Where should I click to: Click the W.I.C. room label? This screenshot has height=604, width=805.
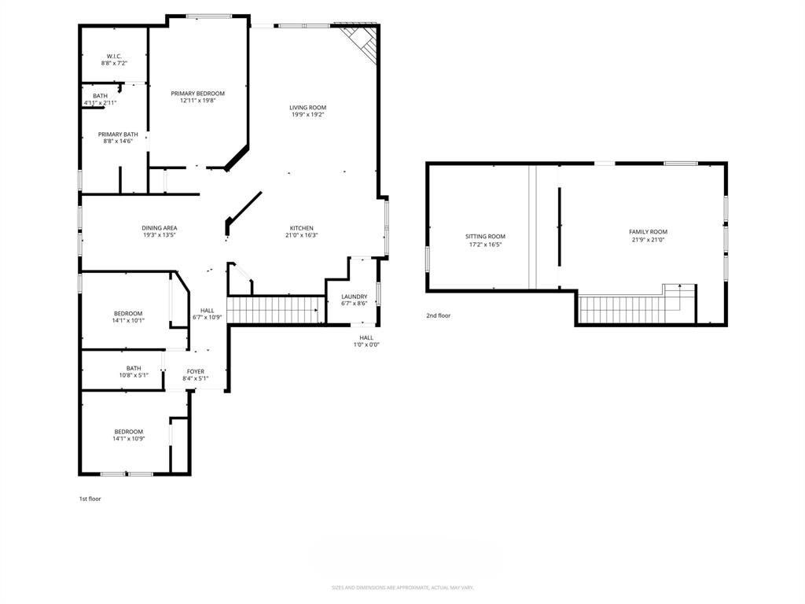114,56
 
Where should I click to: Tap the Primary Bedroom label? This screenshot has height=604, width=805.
197,94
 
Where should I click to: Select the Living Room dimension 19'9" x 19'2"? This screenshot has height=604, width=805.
307,115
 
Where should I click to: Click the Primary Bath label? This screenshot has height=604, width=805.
118,134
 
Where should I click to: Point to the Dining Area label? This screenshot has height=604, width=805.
160,228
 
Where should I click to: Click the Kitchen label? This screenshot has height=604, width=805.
302,228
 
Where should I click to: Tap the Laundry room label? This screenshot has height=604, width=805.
354,296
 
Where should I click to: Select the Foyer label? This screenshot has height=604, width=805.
195,371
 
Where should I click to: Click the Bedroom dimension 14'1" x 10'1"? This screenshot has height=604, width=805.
128,321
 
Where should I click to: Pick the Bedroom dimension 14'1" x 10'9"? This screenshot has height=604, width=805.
128,439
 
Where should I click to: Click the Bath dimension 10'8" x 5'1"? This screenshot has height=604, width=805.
134,375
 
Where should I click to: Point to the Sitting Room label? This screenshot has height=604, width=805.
485,237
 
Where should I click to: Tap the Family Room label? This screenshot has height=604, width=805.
648,232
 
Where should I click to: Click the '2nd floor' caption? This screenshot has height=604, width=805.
439,316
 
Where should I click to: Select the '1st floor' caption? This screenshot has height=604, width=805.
90,499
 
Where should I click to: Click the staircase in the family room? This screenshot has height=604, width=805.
629,308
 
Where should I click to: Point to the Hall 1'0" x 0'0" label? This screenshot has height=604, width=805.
366,341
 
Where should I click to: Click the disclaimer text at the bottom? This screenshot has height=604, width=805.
402,587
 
